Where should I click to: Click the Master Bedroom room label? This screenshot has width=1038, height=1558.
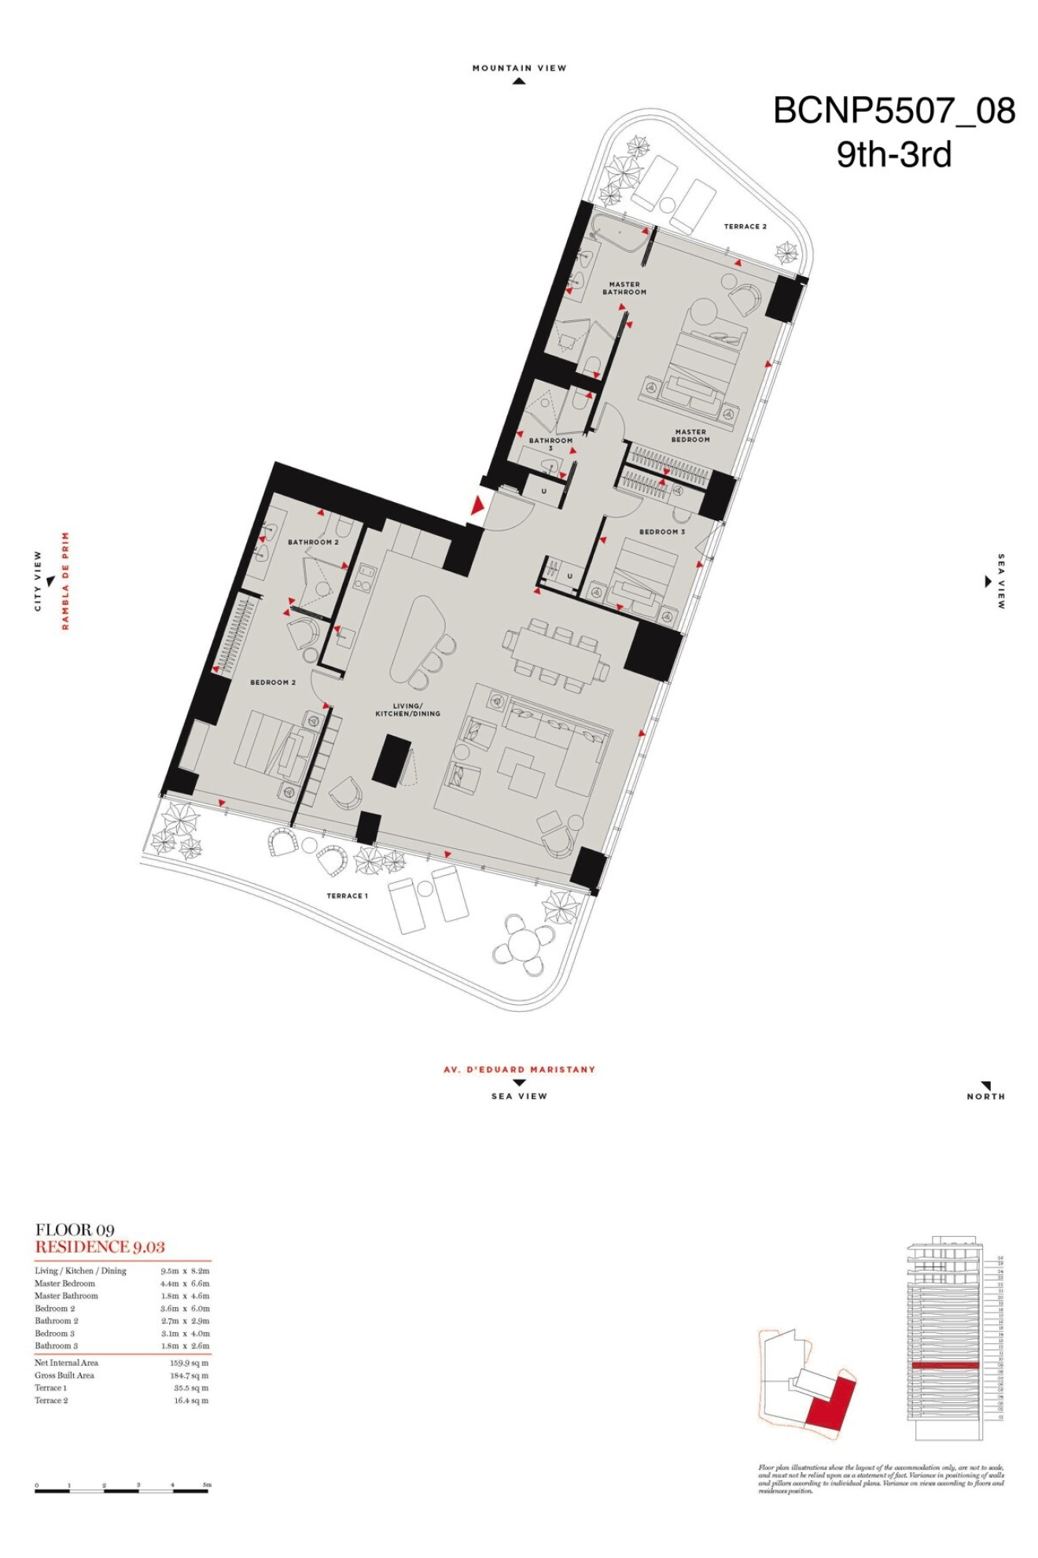(690, 435)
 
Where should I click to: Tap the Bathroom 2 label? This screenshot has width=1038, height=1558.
(313, 542)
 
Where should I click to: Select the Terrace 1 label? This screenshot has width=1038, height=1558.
(347, 895)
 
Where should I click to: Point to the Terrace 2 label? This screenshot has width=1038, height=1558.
(745, 227)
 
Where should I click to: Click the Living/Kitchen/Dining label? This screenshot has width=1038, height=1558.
(407, 710)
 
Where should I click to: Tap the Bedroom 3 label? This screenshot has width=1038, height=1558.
(661, 532)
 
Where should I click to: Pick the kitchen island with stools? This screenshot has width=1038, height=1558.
(417, 637)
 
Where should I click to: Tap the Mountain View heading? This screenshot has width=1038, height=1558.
(519, 68)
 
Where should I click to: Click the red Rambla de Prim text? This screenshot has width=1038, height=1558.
(66, 581)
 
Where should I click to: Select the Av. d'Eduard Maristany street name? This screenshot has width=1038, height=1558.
(519, 1069)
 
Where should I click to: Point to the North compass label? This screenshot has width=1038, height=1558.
(985, 1096)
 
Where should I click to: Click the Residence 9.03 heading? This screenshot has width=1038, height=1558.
(100, 1246)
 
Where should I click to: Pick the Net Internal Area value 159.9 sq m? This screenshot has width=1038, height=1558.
(190, 1363)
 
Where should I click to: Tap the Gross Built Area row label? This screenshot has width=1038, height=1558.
(64, 1375)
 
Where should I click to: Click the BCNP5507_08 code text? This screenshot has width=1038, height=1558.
(894, 111)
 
